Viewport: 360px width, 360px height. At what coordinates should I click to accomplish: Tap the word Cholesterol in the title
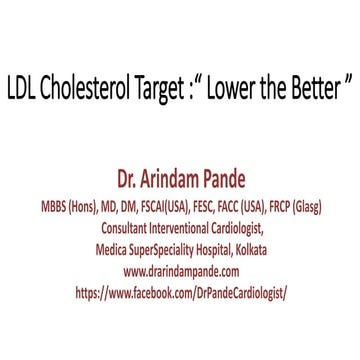click(87, 90)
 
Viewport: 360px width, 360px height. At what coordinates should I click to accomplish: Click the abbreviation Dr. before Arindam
click(127, 183)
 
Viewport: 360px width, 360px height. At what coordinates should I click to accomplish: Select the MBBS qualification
click(54, 207)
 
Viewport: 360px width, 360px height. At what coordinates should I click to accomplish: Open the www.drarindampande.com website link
click(181, 272)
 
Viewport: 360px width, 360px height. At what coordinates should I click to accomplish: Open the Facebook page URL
click(181, 294)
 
